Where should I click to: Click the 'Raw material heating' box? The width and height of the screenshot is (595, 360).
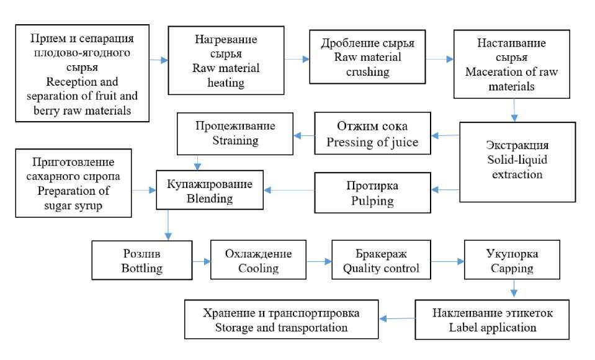tap(226, 60)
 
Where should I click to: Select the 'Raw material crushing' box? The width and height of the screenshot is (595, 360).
tap(367, 57)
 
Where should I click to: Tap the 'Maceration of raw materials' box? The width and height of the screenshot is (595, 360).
tap(511, 64)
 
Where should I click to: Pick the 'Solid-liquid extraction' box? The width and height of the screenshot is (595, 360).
tap(517, 162)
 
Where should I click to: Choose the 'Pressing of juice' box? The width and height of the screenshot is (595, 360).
tap(372, 133)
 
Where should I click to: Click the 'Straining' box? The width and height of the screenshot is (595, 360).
tap(235, 133)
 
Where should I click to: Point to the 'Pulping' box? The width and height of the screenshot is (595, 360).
tap(372, 192)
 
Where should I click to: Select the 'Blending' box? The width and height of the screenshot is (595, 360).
tap(210, 190)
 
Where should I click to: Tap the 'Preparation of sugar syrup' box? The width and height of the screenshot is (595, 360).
tap(73, 183)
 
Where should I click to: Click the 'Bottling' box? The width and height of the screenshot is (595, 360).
tap(142, 260)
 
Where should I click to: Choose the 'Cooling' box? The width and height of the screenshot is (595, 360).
tap(258, 259)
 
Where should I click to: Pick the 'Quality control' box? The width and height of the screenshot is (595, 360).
tap(381, 259)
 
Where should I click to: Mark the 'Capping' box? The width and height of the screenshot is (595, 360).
tap(512, 259)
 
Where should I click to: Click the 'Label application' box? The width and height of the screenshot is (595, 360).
tap(492, 320)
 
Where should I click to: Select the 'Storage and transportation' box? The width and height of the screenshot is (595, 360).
tap(281, 320)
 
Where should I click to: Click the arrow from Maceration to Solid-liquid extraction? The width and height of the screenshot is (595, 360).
tap(514, 110)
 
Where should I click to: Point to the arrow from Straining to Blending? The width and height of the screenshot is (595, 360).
tap(197, 163)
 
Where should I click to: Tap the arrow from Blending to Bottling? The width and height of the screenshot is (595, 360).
tap(168, 225)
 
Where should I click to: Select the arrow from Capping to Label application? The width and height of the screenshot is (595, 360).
tap(514, 288)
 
